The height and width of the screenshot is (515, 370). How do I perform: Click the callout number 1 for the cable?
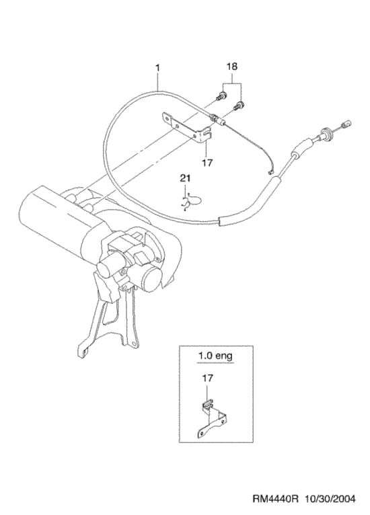click(157, 68)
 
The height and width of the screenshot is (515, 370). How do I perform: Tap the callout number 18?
click(231, 67)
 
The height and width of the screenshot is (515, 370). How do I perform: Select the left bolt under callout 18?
click(221, 96)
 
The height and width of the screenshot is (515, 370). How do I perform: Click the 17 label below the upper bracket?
click(207, 163)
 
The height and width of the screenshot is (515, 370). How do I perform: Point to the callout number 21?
click(185, 178)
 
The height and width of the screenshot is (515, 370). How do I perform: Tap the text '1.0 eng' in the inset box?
click(215, 356)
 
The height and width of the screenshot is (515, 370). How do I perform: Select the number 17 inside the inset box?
click(207, 378)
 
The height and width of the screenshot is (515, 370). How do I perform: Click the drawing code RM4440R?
click(275, 499)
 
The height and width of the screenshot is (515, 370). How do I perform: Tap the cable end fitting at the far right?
click(346, 124)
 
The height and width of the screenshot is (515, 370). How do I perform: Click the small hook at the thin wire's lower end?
click(271, 171)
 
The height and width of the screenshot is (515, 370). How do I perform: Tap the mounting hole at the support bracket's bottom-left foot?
click(85, 352)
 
